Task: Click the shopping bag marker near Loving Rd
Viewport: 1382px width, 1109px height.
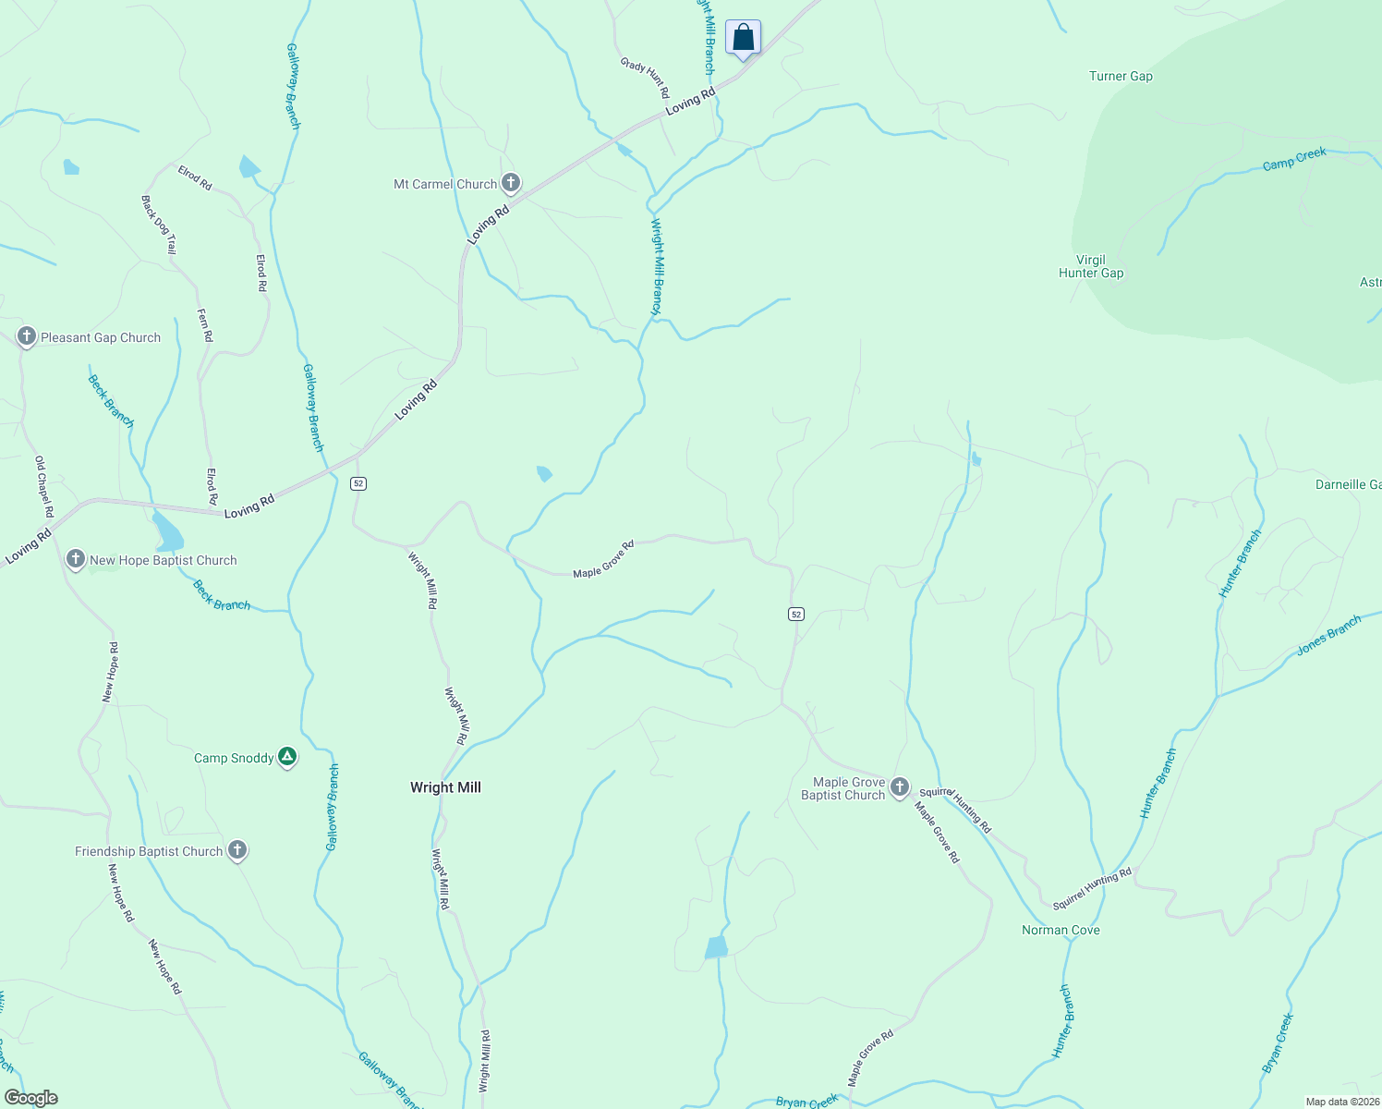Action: [743, 39]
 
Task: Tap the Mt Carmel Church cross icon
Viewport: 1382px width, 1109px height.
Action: [510, 183]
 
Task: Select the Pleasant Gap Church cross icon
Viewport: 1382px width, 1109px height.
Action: [27, 336]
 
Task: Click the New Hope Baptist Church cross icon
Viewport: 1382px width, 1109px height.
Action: [76, 559]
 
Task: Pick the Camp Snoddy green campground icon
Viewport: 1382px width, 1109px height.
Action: [287, 758]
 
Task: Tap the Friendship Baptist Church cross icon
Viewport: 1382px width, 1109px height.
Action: [237, 850]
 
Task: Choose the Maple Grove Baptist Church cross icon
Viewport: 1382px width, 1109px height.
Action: [900, 787]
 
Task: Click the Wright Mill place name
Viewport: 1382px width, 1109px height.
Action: [445, 787]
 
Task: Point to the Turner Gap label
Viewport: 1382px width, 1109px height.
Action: [1121, 77]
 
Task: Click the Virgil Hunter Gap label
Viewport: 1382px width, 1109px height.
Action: [1091, 266]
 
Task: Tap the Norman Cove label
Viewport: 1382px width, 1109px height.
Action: [1061, 930]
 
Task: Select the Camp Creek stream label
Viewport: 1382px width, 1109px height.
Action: [1294, 159]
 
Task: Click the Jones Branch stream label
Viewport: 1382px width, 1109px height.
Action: [1328, 636]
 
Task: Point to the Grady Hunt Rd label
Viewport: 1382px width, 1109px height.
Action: [645, 78]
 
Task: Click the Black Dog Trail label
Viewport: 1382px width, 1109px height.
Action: [159, 225]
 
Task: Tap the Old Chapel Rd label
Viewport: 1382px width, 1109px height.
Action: [44, 486]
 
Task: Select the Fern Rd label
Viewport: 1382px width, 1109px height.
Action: [205, 325]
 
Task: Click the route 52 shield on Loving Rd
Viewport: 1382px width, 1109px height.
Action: [358, 483]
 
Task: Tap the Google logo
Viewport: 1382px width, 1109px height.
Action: [31, 1098]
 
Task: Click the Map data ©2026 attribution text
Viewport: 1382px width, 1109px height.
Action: [1341, 1102]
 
